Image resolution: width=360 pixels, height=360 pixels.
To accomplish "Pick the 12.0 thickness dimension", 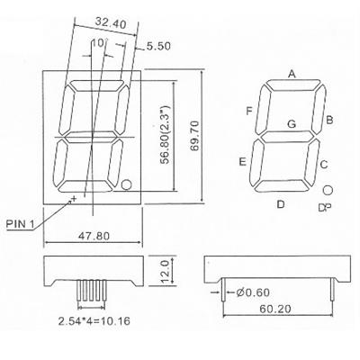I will pyautogui.click(x=163, y=270).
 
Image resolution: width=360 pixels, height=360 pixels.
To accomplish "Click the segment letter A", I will pyautogui.click(x=292, y=73).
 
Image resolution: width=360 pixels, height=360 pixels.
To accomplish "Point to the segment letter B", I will pyautogui.click(x=330, y=119).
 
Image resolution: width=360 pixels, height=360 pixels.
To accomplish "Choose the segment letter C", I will pyautogui.click(x=323, y=164).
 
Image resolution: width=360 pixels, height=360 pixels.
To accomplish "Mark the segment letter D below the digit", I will pyautogui.click(x=280, y=204).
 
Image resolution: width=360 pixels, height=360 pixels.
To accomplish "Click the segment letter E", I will pyautogui.click(x=243, y=162).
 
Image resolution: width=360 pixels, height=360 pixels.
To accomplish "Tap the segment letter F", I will pyautogui.click(x=247, y=111).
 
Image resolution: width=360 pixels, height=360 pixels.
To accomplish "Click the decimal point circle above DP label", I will pyautogui.click(x=328, y=190).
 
